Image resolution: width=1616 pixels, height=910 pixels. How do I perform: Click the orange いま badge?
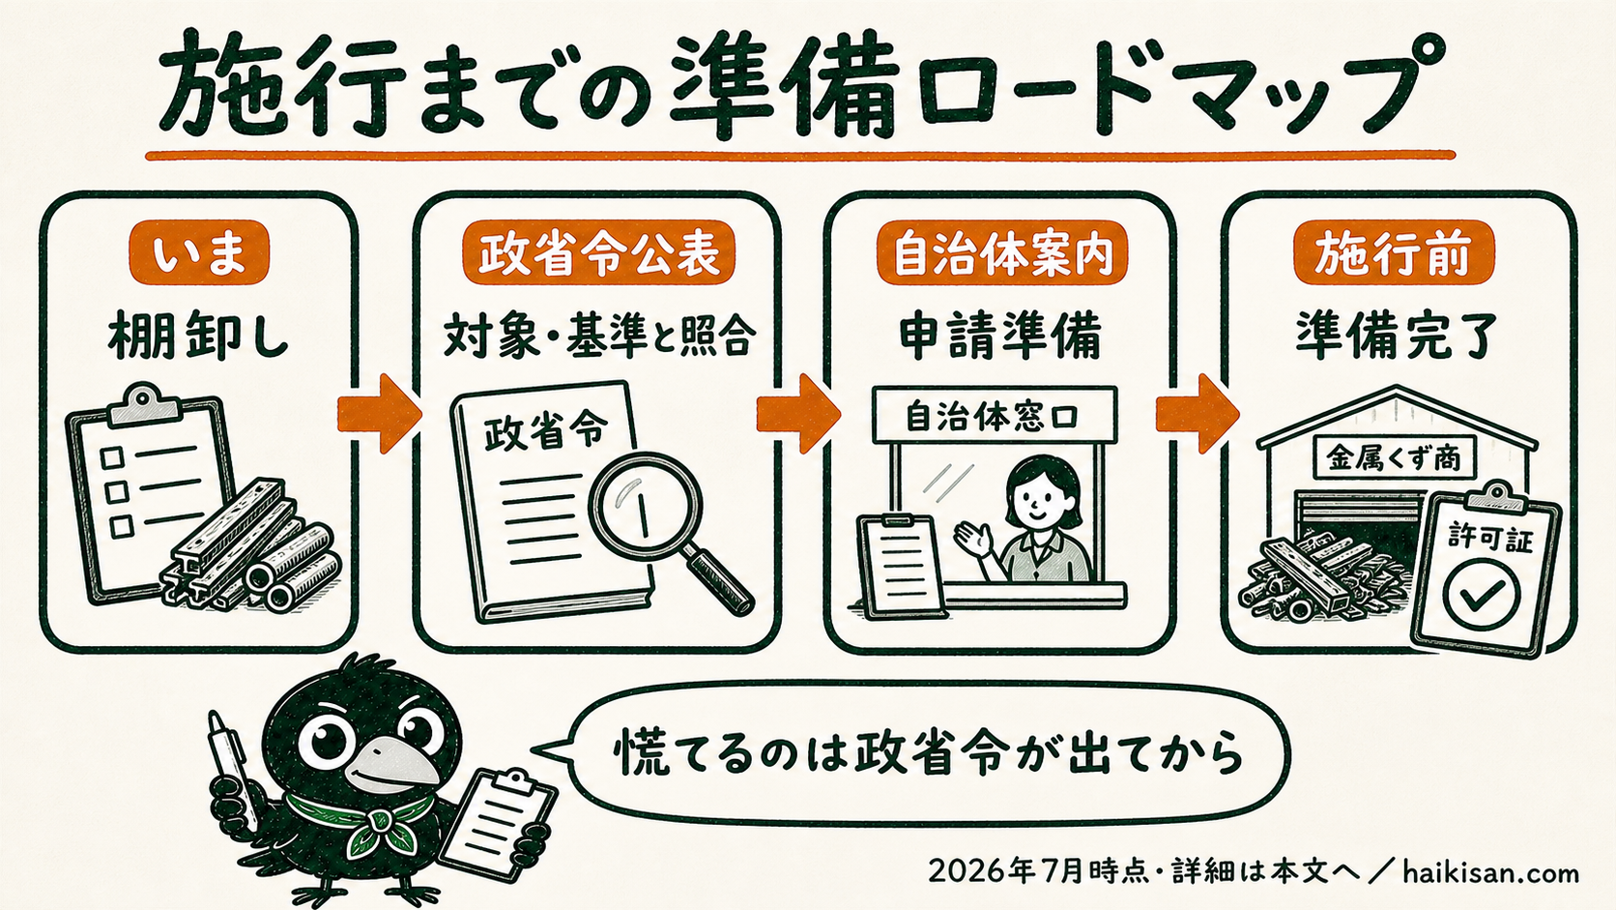pyautogui.click(x=199, y=252)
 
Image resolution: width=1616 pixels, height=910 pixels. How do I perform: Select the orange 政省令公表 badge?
pyautogui.click(x=598, y=252)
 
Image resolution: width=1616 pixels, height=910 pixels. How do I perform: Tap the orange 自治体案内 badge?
pyautogui.click(x=1002, y=252)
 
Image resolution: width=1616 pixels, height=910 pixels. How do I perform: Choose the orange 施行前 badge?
pyautogui.click(x=1394, y=252)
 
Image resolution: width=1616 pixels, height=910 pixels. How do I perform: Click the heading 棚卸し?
pyautogui.click(x=198, y=337)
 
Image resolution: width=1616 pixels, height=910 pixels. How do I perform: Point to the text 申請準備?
pyautogui.click(x=1000, y=337)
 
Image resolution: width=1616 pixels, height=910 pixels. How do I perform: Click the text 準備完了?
pyautogui.click(x=1394, y=337)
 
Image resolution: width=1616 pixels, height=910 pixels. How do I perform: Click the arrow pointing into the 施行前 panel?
pyautogui.click(x=1198, y=414)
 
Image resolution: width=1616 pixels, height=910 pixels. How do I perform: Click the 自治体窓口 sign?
pyautogui.click(x=995, y=415)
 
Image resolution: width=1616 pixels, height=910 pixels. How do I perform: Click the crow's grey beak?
pyautogui.click(x=396, y=767)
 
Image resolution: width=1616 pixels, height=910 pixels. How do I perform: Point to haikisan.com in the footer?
pyautogui.click(x=1490, y=873)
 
